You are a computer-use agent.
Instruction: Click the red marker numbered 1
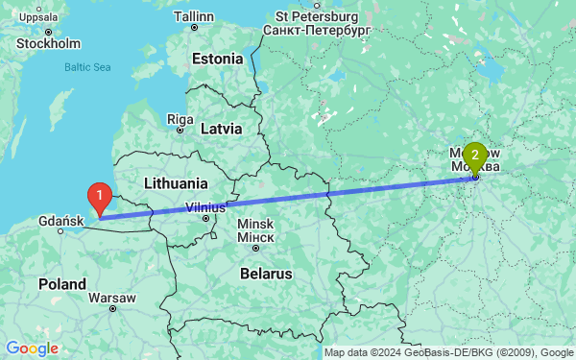tap(98, 196)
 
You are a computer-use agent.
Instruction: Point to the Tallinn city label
tap(195, 16)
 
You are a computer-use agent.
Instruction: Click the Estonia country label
tap(218, 59)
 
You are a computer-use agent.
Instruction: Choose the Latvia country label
tap(226, 128)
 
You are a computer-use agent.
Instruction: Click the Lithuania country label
tap(175, 182)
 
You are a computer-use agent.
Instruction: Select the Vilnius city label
tap(205, 206)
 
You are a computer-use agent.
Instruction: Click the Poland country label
tap(60, 285)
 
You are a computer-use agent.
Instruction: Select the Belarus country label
tap(265, 274)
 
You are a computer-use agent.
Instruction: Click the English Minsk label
tap(255, 224)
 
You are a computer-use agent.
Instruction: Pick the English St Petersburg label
tap(316, 16)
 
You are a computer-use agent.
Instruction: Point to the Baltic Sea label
tap(87, 67)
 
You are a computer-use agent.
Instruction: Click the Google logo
tap(32, 348)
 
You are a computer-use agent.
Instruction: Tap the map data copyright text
tap(447, 352)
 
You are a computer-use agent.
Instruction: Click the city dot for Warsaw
tap(113, 309)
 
